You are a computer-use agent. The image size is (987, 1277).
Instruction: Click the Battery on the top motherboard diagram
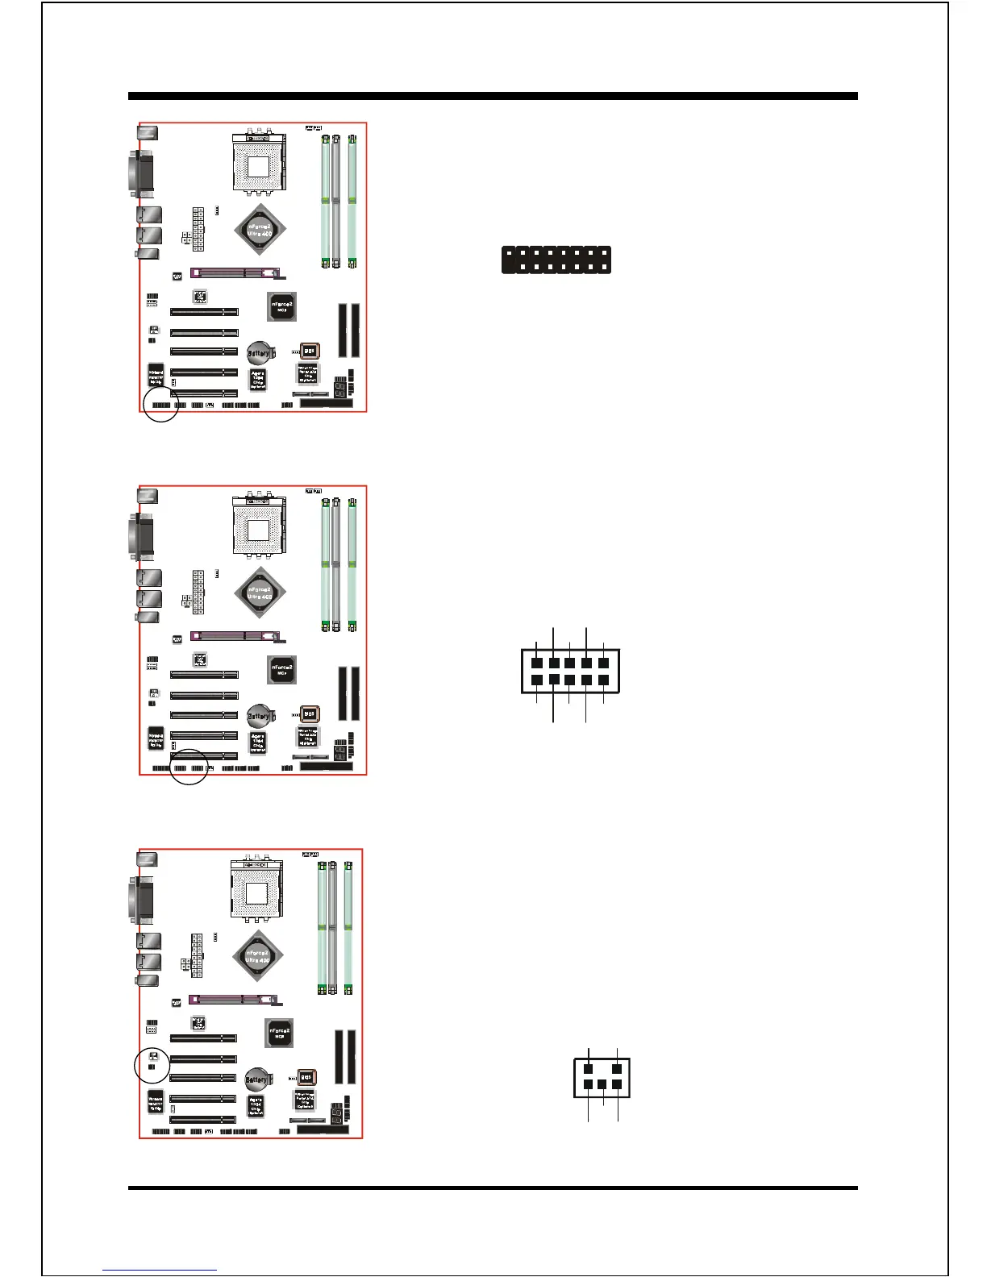(258, 352)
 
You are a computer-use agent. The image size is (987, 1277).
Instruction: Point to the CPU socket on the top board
(258, 166)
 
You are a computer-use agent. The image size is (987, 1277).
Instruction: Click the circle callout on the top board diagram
(160, 404)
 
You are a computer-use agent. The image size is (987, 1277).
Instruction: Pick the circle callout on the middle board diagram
(190, 767)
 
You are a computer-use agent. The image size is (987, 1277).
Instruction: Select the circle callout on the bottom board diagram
(152, 1065)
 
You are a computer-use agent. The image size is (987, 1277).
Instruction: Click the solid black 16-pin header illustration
(556, 260)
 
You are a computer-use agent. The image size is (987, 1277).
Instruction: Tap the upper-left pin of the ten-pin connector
(537, 663)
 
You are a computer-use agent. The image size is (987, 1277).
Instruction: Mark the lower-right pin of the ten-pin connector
(603, 680)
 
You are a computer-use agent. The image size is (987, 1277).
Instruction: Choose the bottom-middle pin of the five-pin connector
(602, 1085)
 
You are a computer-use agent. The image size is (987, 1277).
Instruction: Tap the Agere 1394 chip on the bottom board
(255, 1104)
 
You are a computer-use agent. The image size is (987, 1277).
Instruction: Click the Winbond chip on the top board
(156, 376)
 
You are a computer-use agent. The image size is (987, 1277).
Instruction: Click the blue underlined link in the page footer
(160, 1270)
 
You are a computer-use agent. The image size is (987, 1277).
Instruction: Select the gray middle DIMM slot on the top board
(336, 202)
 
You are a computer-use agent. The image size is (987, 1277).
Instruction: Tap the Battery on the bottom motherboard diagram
(257, 1079)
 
